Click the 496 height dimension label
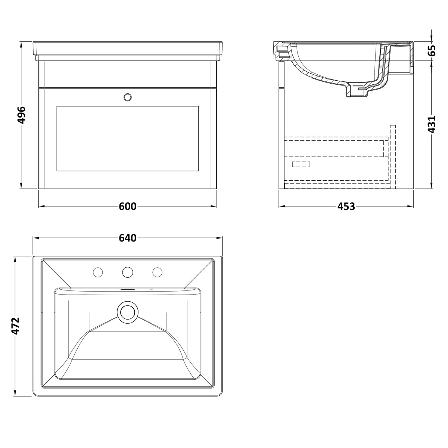(x=22, y=115)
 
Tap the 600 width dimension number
(x=128, y=206)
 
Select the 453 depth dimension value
(x=346, y=206)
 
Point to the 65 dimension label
(x=432, y=50)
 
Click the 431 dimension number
(x=432, y=124)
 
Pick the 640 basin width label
(x=128, y=238)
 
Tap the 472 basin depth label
(x=15, y=326)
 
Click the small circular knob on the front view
(x=128, y=97)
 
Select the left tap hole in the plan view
(x=98, y=272)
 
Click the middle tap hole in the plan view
(x=128, y=272)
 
